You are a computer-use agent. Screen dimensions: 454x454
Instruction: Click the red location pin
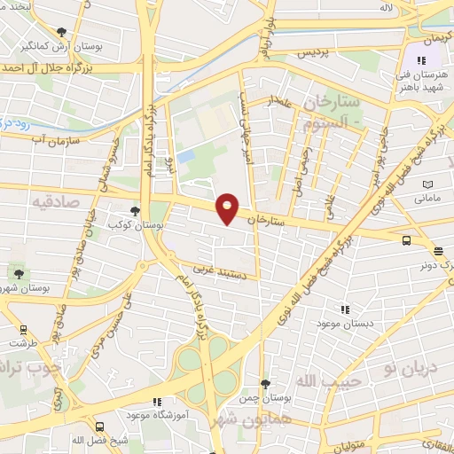coord(228,207)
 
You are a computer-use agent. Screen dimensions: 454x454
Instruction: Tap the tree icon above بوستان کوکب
coord(135,211)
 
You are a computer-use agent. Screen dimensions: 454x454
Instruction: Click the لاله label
coord(386,8)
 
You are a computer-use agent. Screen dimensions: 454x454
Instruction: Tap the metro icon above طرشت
coord(23,329)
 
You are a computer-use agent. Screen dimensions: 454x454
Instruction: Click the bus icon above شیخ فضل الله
coord(98,427)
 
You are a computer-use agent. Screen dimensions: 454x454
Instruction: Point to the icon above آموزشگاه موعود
coord(157,401)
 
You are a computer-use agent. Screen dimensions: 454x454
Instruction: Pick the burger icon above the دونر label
coord(439,251)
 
